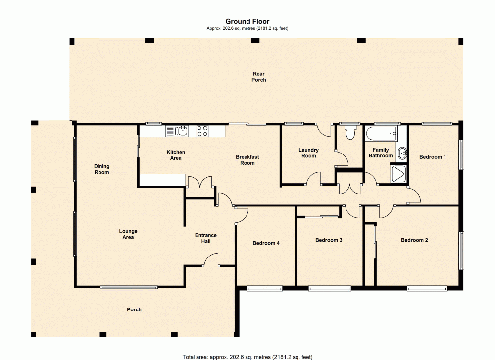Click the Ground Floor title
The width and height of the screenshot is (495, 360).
[247, 21]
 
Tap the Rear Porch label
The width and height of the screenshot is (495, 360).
[258, 77]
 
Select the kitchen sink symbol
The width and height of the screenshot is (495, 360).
[177, 131]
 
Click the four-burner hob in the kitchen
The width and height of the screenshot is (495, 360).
[202, 131]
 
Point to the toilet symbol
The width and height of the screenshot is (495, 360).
[350, 132]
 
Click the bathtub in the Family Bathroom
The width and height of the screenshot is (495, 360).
[381, 132]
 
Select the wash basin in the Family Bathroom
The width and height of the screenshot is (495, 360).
[402, 153]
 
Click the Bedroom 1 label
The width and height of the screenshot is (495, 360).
[433, 157]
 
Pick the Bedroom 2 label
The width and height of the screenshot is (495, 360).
[414, 240]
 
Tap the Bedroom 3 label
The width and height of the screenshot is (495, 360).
[329, 240]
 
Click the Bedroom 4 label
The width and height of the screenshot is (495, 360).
[266, 243]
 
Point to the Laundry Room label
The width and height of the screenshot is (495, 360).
[308, 153]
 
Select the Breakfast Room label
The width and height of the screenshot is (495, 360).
[247, 160]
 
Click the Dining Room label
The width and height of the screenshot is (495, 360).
[101, 169]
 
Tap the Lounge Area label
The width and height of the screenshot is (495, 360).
[128, 234]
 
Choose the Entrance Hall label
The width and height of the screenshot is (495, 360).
[206, 238]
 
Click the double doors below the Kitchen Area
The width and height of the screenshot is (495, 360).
[200, 182]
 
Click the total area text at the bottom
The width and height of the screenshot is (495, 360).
[247, 356]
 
